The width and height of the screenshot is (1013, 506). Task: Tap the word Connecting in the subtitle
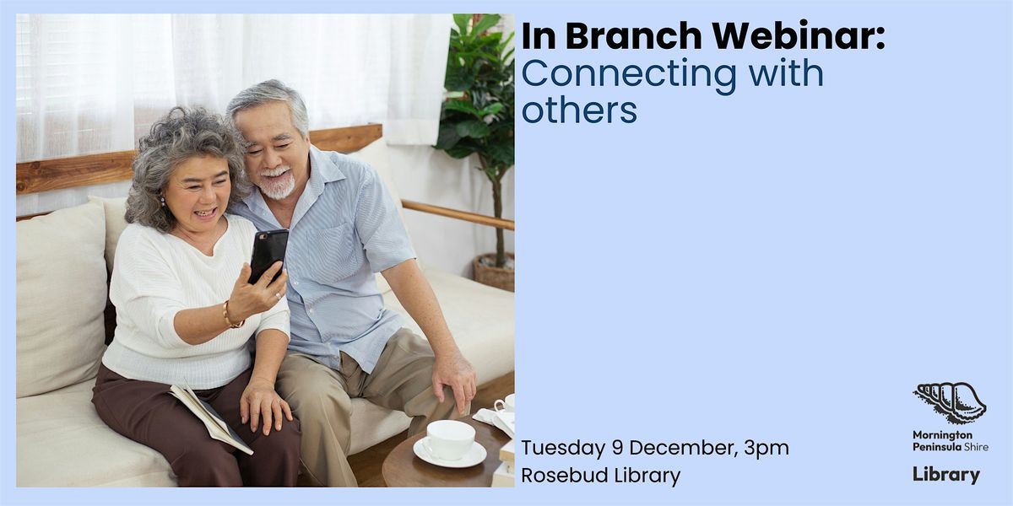click(616, 74)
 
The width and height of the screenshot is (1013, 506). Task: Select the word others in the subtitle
click(578, 110)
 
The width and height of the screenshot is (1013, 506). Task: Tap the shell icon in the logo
click(950, 401)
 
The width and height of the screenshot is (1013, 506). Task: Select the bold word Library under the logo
click(946, 475)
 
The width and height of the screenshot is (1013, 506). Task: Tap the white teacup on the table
click(449, 440)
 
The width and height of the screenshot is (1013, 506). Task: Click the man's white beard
click(277, 184)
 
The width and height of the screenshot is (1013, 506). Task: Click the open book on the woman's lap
click(211, 417)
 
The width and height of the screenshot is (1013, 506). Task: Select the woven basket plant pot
click(494, 271)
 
